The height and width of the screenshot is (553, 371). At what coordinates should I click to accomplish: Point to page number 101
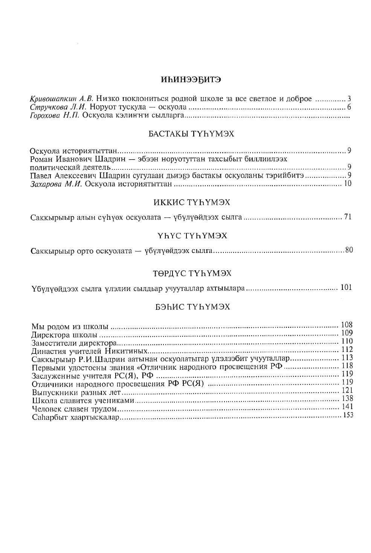point(346,288)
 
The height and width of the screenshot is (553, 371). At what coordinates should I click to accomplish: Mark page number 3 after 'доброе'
point(349,99)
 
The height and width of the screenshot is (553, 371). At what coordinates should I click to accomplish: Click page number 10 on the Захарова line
point(348,184)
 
